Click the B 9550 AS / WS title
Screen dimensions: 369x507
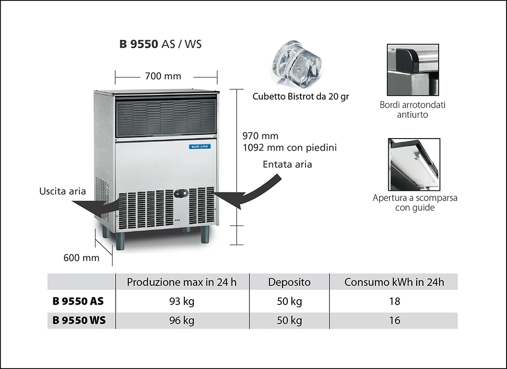pyautogui.click(x=160, y=44)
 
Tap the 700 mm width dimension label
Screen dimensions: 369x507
pyautogui.click(x=163, y=76)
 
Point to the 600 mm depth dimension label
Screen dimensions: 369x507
pyautogui.click(x=81, y=257)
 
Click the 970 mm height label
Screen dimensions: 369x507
pyautogui.click(x=260, y=136)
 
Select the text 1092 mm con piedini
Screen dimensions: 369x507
pyautogui.click(x=289, y=147)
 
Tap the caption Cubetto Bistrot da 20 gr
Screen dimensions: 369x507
pyautogui.click(x=301, y=96)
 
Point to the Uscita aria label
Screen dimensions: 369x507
pyautogui.click(x=62, y=191)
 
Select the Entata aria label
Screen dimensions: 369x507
pyautogui.click(x=287, y=164)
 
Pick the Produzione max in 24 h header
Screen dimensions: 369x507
pyautogui.click(x=182, y=282)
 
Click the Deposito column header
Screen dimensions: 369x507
pyautogui.click(x=289, y=282)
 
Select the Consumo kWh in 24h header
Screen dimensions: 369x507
pyautogui.click(x=394, y=282)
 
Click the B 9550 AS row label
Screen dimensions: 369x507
pyautogui.click(x=78, y=301)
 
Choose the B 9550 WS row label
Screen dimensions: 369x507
pyautogui.click(x=78, y=321)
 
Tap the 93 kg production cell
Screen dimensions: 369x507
pyautogui.click(x=182, y=301)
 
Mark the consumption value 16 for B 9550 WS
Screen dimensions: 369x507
pyautogui.click(x=395, y=321)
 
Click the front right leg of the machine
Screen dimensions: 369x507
pyautogui.click(x=205, y=236)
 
